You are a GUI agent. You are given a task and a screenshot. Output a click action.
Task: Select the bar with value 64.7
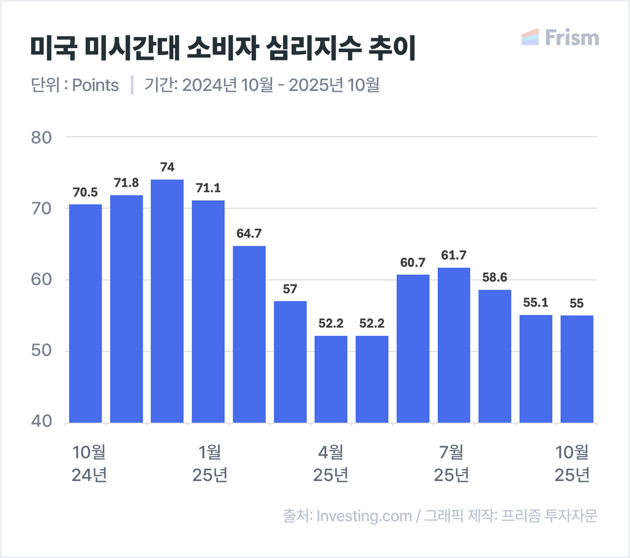(x=249, y=334)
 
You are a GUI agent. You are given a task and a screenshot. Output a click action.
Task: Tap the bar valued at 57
(x=290, y=362)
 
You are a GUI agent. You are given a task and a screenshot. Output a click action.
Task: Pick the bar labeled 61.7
(x=454, y=345)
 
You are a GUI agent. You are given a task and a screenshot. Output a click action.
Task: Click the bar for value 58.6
(x=495, y=356)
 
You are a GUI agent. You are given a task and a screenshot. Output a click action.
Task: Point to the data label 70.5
(x=85, y=192)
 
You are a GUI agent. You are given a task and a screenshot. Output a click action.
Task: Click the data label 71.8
(x=126, y=183)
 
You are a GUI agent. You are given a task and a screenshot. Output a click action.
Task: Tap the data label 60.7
(x=413, y=262)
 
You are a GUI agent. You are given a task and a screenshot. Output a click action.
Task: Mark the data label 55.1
(x=535, y=303)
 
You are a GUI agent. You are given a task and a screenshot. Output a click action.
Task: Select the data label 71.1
(x=208, y=188)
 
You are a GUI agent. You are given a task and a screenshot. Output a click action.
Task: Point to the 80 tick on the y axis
(x=41, y=137)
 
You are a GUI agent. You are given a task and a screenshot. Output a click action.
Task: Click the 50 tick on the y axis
(x=41, y=351)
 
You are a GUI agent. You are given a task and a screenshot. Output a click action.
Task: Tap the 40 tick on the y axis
(x=41, y=421)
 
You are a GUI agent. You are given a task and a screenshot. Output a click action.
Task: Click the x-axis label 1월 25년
(x=210, y=464)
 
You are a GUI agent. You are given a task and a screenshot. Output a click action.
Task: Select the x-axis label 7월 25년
(x=451, y=464)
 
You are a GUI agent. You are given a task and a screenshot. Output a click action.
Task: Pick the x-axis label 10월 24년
(x=89, y=464)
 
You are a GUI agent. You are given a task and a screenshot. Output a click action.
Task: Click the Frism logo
(x=560, y=38)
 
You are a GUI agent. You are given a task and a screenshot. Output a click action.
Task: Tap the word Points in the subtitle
(x=95, y=85)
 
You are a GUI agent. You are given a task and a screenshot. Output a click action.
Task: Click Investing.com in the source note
(x=364, y=516)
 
